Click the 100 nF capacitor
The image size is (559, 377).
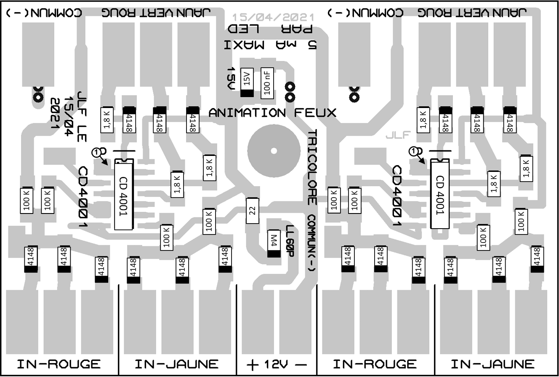[x=267, y=82]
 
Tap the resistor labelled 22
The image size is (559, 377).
[x=252, y=211]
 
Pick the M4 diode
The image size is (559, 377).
[x=274, y=243]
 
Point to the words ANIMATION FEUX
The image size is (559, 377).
[x=272, y=113]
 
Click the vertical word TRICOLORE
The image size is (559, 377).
[x=312, y=167]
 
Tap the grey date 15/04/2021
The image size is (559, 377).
[x=273, y=17]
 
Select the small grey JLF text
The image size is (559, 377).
[x=398, y=135]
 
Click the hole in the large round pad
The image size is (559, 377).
[x=274, y=151]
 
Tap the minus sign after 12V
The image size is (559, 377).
[x=301, y=365]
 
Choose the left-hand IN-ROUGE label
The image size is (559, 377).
[x=59, y=364]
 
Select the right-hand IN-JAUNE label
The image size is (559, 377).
[x=492, y=364]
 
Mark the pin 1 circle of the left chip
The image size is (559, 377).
[x=97, y=151]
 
